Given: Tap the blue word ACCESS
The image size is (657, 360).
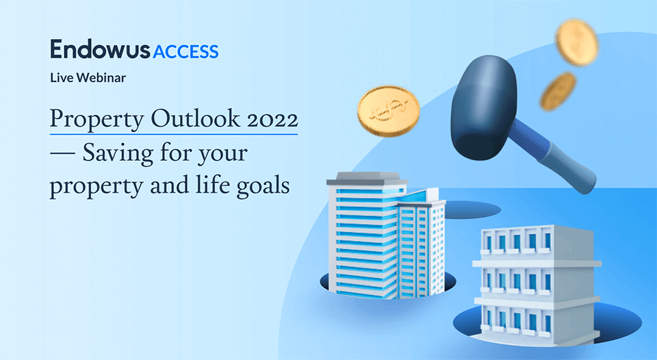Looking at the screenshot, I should (186, 51).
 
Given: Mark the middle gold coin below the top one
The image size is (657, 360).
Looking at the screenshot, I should (558, 91).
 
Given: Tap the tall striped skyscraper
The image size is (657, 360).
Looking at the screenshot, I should (363, 240).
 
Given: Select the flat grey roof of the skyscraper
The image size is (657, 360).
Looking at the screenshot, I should (363, 180).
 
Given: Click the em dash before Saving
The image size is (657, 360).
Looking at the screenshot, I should (62, 153).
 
